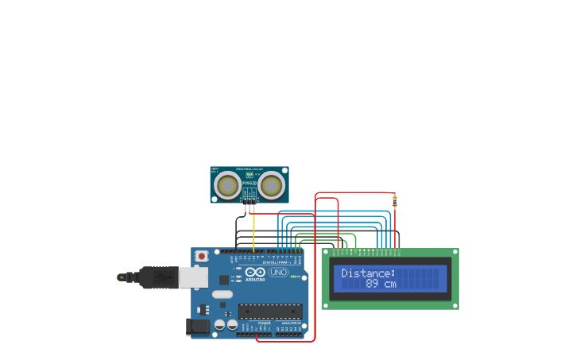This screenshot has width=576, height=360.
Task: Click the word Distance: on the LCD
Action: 368,273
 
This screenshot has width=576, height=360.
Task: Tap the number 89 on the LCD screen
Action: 373,284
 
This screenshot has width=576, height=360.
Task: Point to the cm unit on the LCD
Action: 389,284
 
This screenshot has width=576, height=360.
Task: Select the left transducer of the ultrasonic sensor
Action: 228,186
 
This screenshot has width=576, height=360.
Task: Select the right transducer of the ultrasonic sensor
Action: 271,186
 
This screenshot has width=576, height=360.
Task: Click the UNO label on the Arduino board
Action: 278,272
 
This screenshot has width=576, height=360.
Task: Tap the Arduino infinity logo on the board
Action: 254,272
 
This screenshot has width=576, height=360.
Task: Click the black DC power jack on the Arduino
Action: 199,326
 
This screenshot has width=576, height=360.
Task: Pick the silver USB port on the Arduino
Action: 193,277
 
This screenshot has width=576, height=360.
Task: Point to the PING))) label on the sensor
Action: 249,183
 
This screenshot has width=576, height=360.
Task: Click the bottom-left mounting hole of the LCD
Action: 327,304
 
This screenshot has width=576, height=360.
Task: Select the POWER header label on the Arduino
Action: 264,323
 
